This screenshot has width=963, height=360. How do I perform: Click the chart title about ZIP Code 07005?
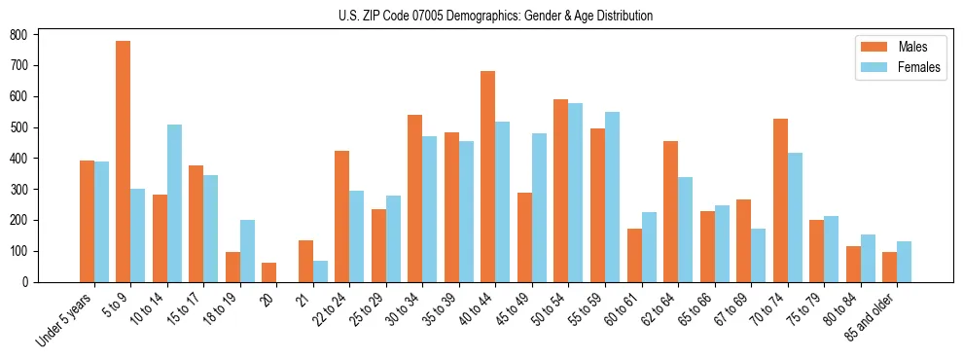tap(481, 16)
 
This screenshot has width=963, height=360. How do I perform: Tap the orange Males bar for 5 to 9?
tap(124, 162)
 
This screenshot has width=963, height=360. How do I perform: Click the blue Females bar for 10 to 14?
tap(174, 203)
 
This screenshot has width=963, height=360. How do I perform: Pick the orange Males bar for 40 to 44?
tap(488, 176)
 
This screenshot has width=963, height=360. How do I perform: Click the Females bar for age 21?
tap(320, 271)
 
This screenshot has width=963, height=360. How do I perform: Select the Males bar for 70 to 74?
tap(780, 200)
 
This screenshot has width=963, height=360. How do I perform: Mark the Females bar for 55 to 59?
tap(612, 198)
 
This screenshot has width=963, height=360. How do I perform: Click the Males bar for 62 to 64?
tap(670, 212)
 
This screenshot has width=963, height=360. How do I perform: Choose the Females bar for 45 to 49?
tap(539, 207)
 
